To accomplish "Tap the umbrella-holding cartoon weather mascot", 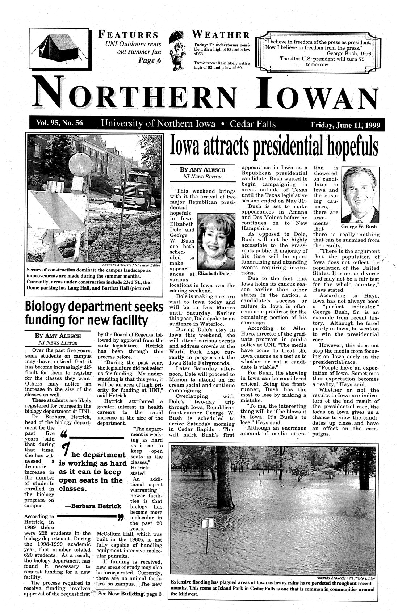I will tap(177, 47).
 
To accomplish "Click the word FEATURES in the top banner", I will tap(129, 35).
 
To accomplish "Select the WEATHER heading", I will tap(221, 35).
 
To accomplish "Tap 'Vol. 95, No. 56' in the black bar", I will tap(59, 123).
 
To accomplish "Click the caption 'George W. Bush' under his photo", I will tap(359, 227).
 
